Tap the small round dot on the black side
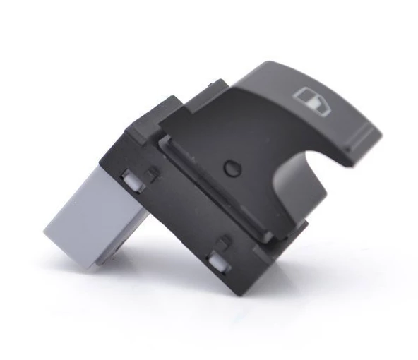[229, 169]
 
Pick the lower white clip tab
[218, 264]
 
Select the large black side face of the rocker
[233, 141]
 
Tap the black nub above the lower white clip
[225, 244]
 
